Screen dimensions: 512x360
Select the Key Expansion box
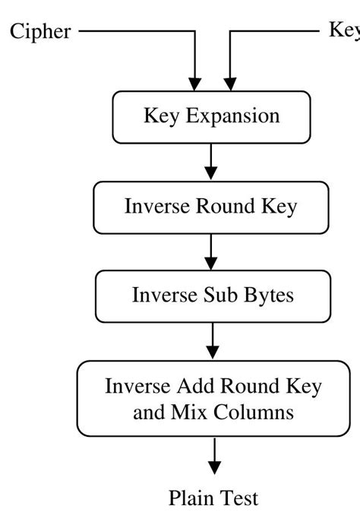pyautogui.click(x=211, y=117)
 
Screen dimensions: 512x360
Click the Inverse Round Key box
pyautogui.click(x=211, y=207)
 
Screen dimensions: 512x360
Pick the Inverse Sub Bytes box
pyautogui.click(x=212, y=295)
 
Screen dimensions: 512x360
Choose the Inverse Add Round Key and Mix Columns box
pyautogui.click(x=213, y=400)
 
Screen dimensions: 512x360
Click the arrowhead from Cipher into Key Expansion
pyautogui.click(x=195, y=83)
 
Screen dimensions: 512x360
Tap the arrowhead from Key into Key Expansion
pyautogui.click(x=229, y=83)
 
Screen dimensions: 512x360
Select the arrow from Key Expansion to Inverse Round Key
pyautogui.click(x=211, y=162)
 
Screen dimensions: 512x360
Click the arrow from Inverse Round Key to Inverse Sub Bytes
pyautogui.click(x=211, y=251)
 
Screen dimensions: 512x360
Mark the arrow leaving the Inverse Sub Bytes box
pyautogui.click(x=213, y=341)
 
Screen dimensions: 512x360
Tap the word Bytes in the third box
pyautogui.click(x=268, y=295)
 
